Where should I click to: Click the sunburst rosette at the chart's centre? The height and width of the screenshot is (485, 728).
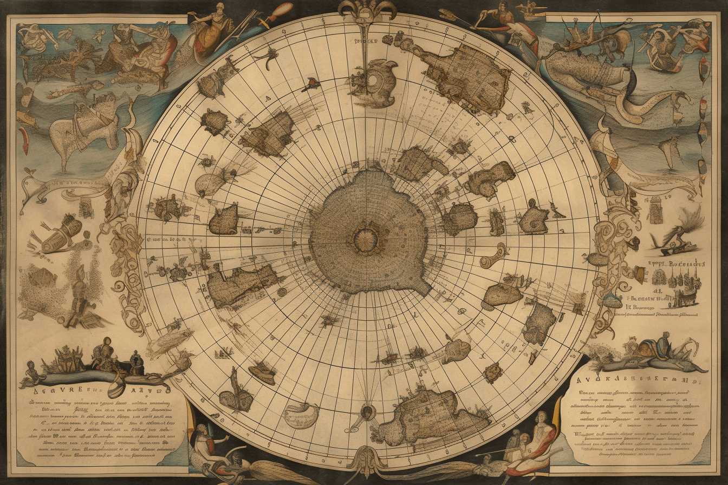tap(362, 237)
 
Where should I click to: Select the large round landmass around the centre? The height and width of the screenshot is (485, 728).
tap(368, 233)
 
